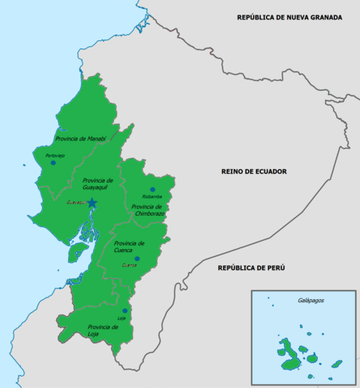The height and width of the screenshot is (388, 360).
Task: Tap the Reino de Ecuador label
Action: [x=254, y=171]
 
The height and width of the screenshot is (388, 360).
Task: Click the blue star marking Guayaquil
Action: [x=92, y=202]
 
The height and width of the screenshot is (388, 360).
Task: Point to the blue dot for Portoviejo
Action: [x=53, y=162]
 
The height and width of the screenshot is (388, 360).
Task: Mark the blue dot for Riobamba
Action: [x=152, y=189]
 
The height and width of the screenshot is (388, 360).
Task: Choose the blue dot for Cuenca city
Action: [x=137, y=259]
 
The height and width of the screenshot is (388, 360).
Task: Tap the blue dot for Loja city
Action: [x=125, y=310]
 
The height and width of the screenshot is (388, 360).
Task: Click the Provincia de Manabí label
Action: [x=79, y=139]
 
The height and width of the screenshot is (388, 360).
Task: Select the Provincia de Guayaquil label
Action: [x=98, y=184]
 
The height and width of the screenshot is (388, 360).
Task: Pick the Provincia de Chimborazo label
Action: [x=150, y=210]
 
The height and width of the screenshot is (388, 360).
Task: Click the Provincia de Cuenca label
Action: [x=129, y=247]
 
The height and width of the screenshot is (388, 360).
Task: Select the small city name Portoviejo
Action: [x=55, y=154]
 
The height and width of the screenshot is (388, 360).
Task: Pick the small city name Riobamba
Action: [x=151, y=196]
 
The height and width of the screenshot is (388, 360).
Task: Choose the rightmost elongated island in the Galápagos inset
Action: [x=337, y=364]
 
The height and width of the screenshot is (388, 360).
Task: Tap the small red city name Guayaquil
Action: [x=77, y=203]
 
